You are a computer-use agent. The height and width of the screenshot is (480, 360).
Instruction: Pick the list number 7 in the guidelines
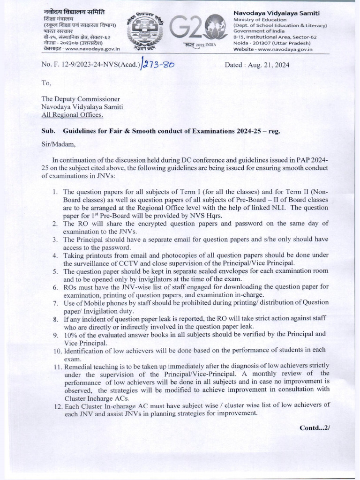[55, 302]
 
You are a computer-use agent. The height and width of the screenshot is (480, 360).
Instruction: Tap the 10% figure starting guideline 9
[71, 334]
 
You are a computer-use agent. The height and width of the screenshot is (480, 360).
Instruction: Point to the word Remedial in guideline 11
[77, 365]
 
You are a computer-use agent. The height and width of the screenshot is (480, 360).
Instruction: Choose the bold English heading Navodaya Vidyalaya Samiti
[274, 12]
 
